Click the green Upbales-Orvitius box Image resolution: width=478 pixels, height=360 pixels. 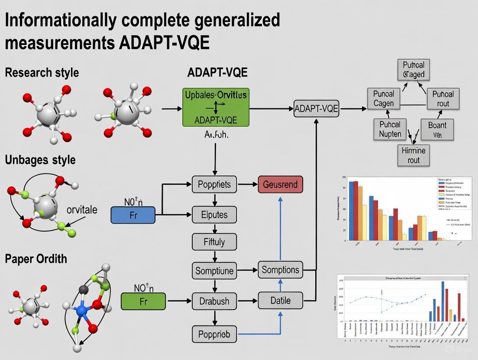point(215,107)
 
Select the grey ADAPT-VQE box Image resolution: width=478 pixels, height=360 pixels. point(317,109)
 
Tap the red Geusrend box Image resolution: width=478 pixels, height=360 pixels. point(280,185)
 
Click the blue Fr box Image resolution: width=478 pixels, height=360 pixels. point(133,215)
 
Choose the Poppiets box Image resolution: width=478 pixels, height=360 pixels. point(214,185)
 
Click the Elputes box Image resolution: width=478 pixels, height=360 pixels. point(214,215)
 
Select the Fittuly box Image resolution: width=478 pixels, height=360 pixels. point(214,241)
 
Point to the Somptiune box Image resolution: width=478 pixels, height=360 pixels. point(214,271)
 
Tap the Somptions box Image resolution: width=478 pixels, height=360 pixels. point(280,270)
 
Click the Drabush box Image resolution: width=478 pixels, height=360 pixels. point(214,301)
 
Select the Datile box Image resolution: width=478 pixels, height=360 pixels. point(280,300)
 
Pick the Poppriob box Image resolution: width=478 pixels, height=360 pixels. point(214,334)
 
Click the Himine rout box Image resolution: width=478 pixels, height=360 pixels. point(413,155)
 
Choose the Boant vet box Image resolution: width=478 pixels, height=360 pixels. point(437,129)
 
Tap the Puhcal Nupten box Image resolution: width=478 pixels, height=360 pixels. point(390,129)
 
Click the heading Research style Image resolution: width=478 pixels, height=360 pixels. point(42,72)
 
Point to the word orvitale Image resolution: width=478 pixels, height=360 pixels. point(82,210)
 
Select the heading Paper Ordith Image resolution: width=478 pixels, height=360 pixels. point(36,259)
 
